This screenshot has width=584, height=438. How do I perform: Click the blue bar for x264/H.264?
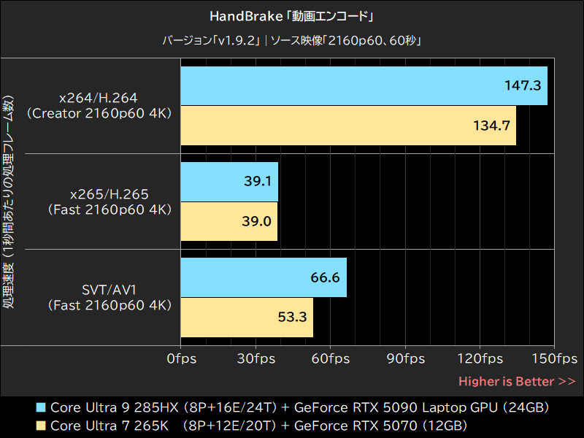click(364, 85)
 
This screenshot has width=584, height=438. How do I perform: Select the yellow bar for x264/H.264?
click(347, 126)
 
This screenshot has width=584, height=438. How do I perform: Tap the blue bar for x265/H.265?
click(228, 182)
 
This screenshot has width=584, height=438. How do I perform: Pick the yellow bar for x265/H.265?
click(228, 221)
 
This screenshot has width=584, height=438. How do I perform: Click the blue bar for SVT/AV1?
click(263, 277)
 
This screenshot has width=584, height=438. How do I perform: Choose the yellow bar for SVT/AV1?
click(247, 318)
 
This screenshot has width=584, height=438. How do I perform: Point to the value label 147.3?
click(522, 85)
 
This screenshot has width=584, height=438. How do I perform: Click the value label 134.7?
click(491, 126)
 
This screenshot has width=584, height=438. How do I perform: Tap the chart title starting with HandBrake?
click(292, 15)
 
